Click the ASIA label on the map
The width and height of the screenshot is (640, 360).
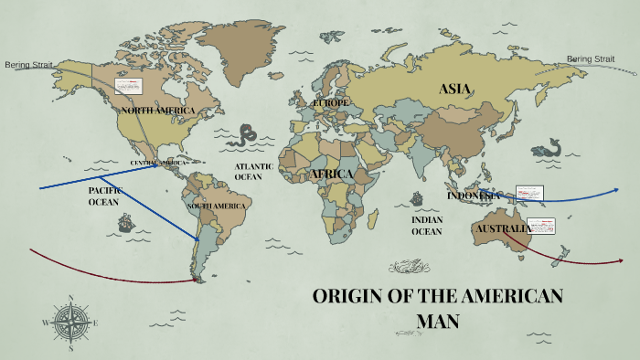pyautogui.click(x=454, y=89)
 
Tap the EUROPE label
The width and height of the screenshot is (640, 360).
pyautogui.click(x=330, y=103)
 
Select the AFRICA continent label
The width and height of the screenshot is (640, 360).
pyautogui.click(x=331, y=174)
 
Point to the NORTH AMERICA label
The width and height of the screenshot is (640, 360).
pyautogui.click(x=157, y=111)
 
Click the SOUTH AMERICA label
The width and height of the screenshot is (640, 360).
pyautogui.click(x=217, y=206)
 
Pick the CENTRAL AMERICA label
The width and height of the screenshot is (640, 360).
pyautogui.click(x=157, y=163)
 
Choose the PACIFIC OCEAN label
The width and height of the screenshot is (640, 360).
pyautogui.click(x=103, y=196)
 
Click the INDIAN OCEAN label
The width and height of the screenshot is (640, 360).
pyautogui.click(x=426, y=226)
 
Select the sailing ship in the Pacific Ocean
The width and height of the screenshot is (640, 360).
pyautogui.click(x=126, y=221)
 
